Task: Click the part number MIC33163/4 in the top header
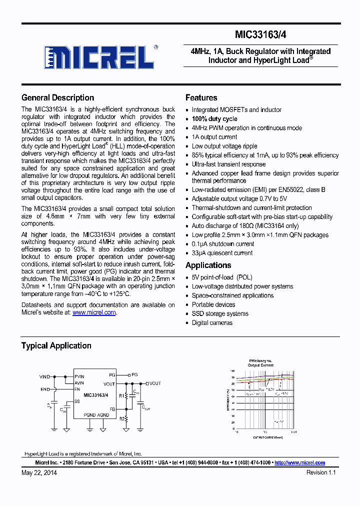260,34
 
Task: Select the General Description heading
57,97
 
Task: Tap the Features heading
201,97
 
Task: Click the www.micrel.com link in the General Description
94,312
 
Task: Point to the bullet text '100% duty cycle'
214,119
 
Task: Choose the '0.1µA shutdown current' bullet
222,244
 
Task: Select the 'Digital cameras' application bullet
212,323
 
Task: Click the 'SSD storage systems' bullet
220,314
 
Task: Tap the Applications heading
208,265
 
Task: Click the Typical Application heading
56,345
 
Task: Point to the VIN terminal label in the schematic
43,376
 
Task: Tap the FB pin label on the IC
112,409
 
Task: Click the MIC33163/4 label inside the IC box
95,395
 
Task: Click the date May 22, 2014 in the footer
39,472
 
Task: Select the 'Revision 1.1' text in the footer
321,472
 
